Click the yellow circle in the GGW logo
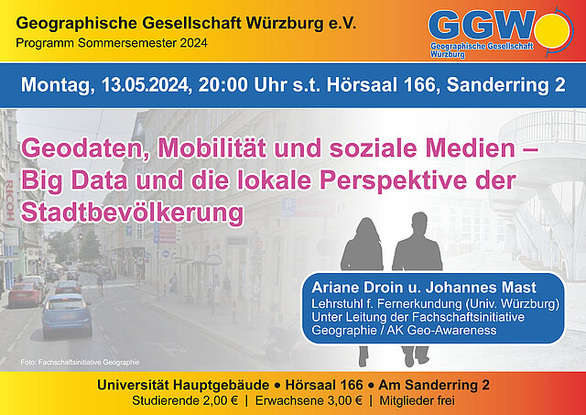(x=552, y=30)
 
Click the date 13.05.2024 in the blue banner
(x=144, y=85)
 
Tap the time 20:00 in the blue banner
(x=222, y=85)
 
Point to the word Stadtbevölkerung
(x=132, y=213)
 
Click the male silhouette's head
(x=418, y=224)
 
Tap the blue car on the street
(x=67, y=315)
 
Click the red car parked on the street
(x=26, y=294)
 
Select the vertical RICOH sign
(x=10, y=200)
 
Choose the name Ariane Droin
(x=356, y=287)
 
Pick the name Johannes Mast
(x=481, y=287)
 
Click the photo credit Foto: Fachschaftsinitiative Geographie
(x=80, y=362)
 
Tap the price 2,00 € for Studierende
(x=221, y=400)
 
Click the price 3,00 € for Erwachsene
(x=345, y=400)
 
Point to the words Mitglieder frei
(x=418, y=400)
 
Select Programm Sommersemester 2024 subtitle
(x=112, y=43)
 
